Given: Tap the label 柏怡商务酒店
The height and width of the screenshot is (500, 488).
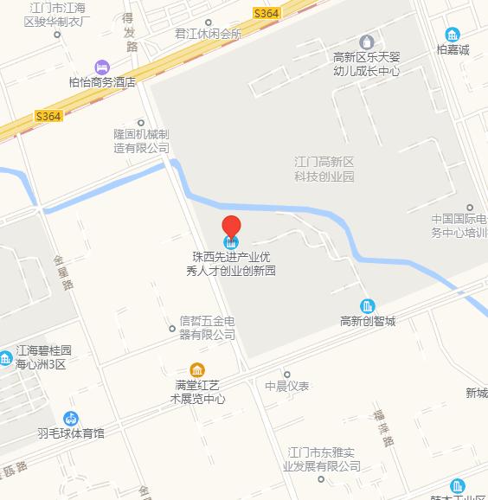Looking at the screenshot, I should point(103,83).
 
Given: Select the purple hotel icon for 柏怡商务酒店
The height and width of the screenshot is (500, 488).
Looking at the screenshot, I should point(103,67).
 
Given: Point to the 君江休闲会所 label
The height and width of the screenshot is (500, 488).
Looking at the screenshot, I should point(208,35).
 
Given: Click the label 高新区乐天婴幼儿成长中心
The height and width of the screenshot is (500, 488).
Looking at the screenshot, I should point(366,63).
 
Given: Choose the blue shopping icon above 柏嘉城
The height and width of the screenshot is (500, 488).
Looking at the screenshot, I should point(452,34).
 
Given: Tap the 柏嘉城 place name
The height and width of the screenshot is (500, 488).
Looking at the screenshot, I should point(452,50).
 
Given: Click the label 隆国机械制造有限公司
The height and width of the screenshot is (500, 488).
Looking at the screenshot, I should point(141,141).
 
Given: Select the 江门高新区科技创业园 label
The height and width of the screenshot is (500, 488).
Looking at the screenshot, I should point(324,169).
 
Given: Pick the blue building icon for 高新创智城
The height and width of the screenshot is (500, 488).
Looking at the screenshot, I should point(368,305).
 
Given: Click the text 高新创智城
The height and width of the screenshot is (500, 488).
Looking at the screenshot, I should point(368,322).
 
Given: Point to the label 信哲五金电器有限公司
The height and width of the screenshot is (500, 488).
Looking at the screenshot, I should point(207,327).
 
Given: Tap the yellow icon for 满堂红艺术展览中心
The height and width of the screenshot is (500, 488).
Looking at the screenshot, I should point(197,369).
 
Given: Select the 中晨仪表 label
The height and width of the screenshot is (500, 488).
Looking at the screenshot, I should point(287,386).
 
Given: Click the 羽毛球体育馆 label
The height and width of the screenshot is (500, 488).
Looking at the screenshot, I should point(71,433).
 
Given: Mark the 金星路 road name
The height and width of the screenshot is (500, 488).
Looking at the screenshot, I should point(64,271).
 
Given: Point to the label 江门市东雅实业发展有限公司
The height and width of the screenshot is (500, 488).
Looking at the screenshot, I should point(324,458).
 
